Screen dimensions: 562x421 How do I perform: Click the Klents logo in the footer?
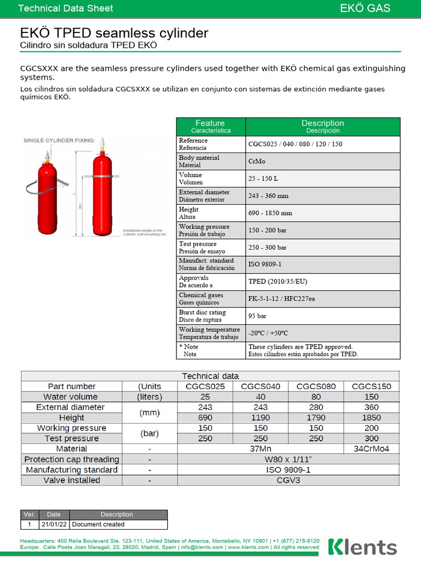click(x=362, y=547)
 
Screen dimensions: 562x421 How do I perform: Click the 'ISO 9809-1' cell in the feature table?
click(x=265, y=264)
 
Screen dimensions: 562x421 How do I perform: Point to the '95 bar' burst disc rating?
click(x=258, y=316)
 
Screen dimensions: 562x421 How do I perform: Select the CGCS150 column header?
click(x=372, y=386)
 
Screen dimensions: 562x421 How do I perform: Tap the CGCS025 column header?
click(x=206, y=386)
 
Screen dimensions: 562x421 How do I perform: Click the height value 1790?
click(x=316, y=418)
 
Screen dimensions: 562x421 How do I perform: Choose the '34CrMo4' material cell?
click(x=372, y=449)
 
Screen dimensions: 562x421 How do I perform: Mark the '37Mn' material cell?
click(x=260, y=449)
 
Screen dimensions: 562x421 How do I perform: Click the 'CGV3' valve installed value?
click(x=288, y=480)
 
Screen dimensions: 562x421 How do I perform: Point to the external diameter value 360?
click(x=372, y=407)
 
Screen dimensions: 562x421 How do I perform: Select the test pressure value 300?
click(x=372, y=439)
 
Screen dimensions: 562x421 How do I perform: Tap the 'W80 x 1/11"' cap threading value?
click(x=288, y=459)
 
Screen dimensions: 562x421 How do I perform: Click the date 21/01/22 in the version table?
click(x=54, y=525)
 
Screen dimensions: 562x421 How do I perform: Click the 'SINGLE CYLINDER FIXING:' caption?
click(x=59, y=140)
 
